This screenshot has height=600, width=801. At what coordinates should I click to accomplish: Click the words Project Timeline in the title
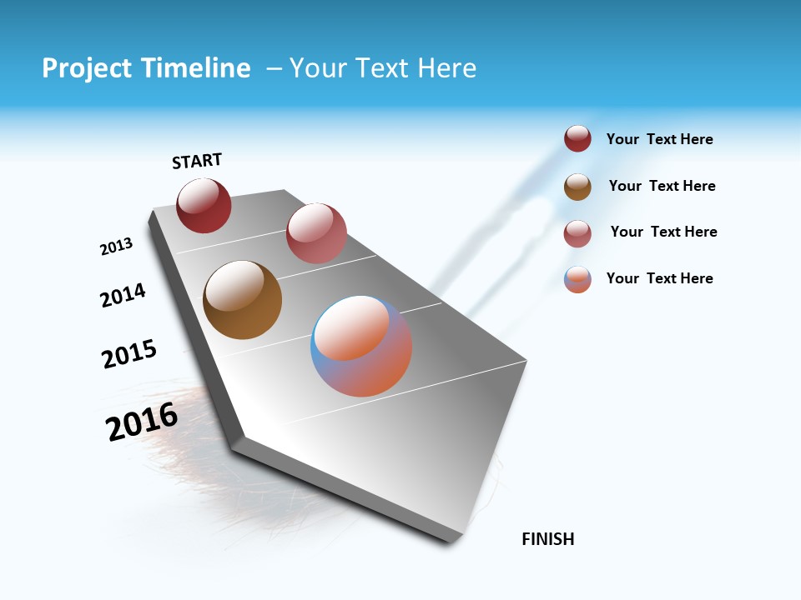[146, 68]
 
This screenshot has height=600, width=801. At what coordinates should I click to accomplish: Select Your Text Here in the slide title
[383, 68]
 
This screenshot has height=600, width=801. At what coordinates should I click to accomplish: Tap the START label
[197, 161]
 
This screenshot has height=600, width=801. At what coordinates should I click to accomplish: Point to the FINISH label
[548, 539]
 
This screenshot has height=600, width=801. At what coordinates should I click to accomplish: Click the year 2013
[116, 247]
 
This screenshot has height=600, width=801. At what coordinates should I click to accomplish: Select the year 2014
[123, 295]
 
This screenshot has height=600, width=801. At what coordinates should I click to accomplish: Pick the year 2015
[129, 354]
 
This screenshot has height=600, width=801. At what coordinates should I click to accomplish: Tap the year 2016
[142, 422]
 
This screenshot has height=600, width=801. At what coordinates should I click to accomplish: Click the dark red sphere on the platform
[204, 206]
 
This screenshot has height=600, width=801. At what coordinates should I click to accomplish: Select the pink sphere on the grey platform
[316, 233]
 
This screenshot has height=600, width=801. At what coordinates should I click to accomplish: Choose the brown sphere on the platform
[242, 300]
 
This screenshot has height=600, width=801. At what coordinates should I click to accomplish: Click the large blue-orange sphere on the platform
[361, 346]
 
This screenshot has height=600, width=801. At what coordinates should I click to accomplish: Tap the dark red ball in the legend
[577, 139]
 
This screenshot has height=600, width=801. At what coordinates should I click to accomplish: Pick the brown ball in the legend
[577, 187]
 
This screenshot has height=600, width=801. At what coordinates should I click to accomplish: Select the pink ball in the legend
[577, 233]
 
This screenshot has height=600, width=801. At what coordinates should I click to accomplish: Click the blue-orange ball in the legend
[577, 279]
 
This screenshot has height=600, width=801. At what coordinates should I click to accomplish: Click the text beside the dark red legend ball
[659, 140]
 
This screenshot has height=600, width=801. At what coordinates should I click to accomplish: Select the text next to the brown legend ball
[662, 186]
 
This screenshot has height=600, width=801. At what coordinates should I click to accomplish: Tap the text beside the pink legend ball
[663, 232]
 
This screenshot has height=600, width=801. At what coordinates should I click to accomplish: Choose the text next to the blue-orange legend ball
[659, 278]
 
